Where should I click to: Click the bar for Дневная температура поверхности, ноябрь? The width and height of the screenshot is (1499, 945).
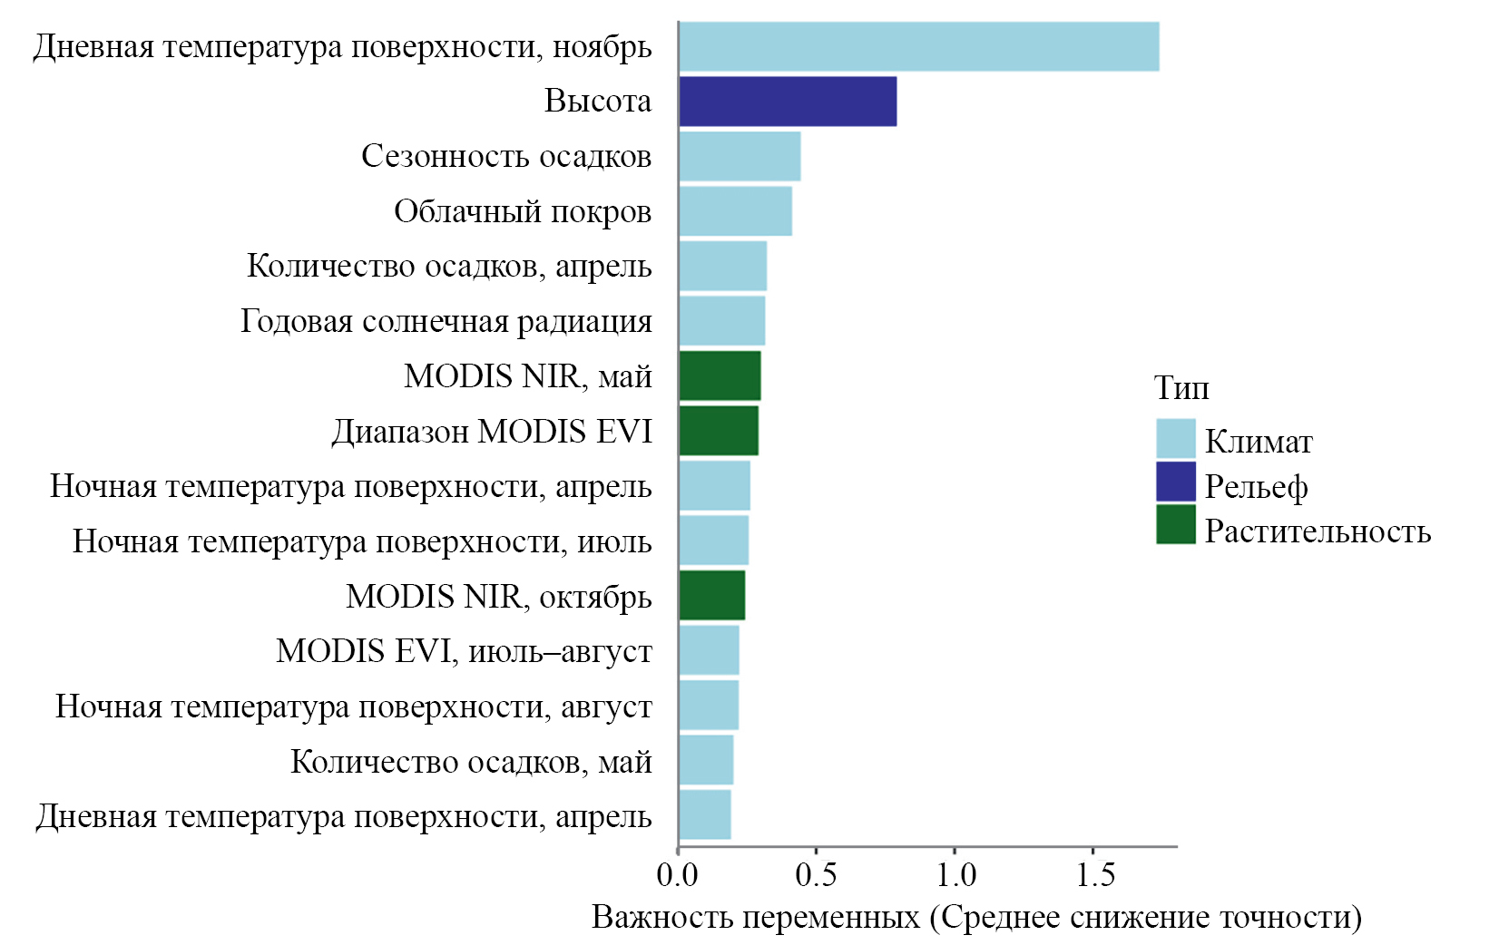(918, 46)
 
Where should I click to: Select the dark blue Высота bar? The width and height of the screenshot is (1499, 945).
(788, 102)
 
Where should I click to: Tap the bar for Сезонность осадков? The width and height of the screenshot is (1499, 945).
(740, 156)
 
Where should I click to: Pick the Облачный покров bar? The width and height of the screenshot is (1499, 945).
(735, 211)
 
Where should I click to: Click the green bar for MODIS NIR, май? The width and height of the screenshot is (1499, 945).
(720, 376)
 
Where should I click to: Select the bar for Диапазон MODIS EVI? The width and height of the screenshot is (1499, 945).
(719, 431)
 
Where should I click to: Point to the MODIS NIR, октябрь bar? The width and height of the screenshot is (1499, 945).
(712, 596)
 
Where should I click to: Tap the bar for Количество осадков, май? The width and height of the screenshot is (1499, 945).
(706, 761)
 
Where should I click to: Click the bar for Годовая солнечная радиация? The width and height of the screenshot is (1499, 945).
(721, 321)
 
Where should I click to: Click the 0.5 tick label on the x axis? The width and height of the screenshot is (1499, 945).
(815, 875)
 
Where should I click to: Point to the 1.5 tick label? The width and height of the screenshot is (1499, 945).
(1094, 875)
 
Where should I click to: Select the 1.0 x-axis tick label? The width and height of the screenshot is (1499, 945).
(955, 875)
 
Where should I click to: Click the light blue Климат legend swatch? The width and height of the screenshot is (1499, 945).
(1175, 439)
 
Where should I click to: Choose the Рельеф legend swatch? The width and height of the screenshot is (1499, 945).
(1175, 482)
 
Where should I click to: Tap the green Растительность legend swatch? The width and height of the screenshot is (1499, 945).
(1175, 525)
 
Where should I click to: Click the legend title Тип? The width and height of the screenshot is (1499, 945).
(1181, 388)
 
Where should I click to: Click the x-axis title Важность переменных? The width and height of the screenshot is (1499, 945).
(976, 918)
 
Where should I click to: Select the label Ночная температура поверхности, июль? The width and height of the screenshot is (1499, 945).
(362, 541)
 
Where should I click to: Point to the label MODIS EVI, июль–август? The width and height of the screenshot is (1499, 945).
(464, 651)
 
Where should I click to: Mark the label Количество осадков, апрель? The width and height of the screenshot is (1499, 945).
(449, 267)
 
